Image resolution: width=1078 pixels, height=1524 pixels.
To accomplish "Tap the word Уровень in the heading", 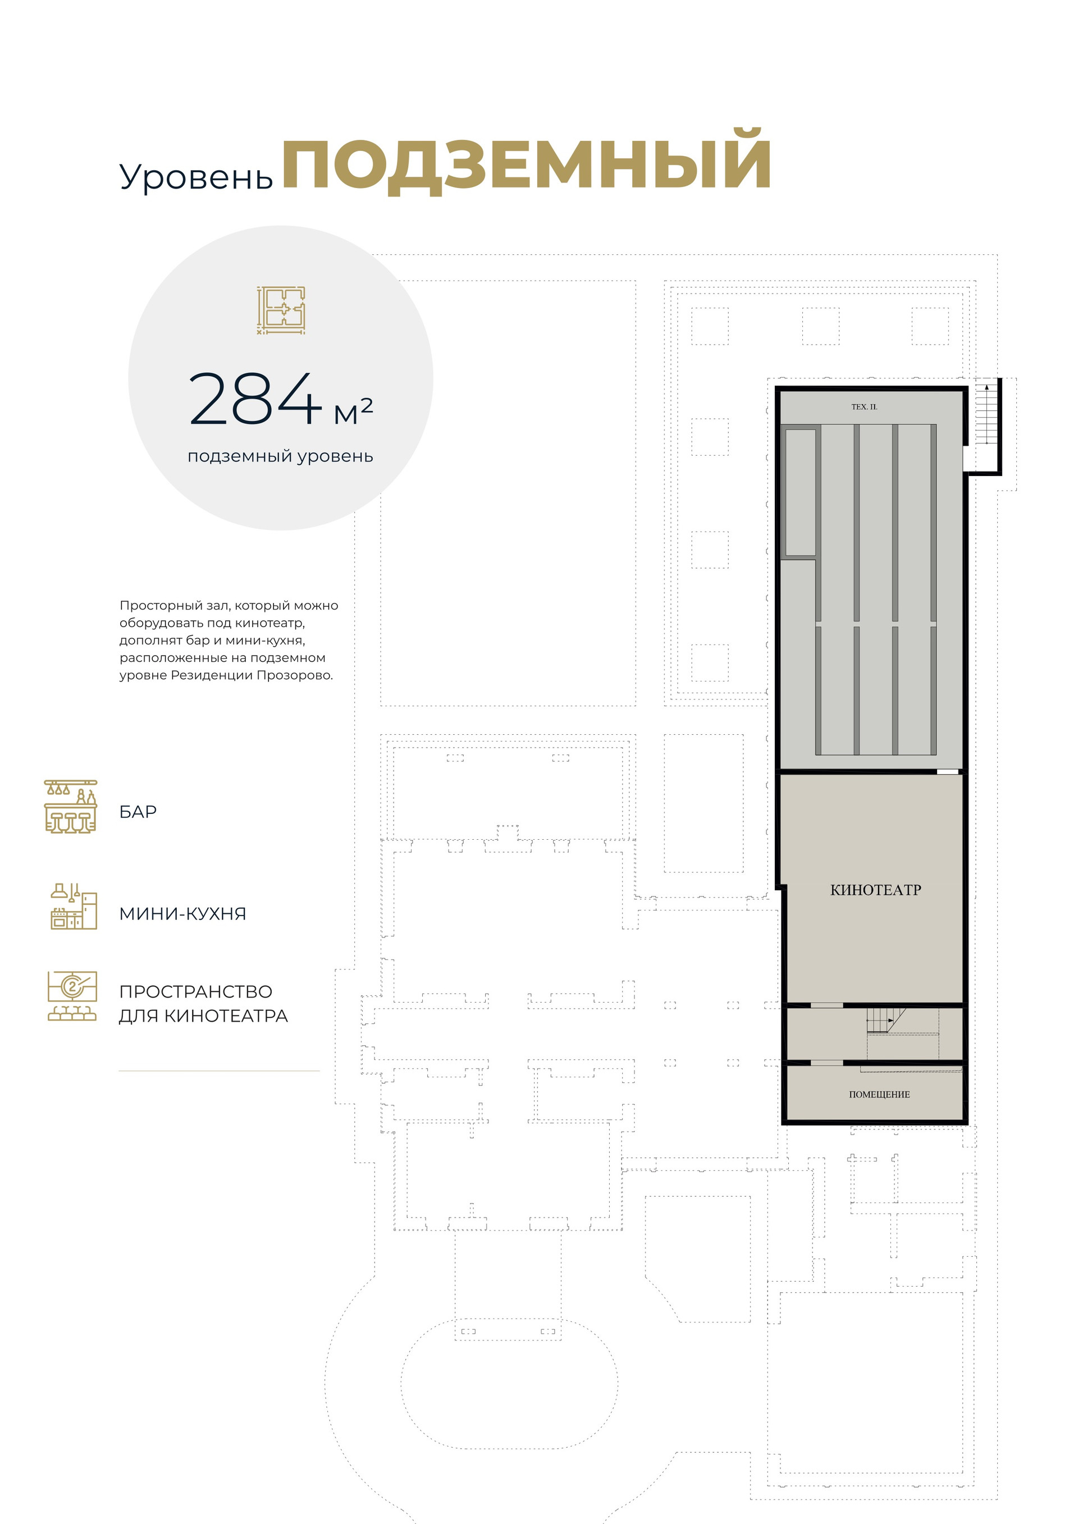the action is (x=196, y=177).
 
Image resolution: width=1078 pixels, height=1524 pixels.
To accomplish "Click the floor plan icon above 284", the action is (x=281, y=310).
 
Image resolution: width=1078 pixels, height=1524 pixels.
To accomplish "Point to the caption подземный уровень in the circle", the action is (x=280, y=457).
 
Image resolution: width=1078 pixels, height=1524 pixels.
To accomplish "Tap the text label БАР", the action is (x=138, y=812).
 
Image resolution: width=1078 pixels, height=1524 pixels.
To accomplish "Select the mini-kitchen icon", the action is (x=74, y=906).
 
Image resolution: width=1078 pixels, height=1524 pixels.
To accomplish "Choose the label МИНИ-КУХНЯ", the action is (x=182, y=914).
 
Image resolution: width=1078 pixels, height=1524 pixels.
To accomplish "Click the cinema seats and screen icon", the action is (x=72, y=996).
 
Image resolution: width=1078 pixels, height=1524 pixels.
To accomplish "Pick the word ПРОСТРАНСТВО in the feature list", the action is (x=196, y=992).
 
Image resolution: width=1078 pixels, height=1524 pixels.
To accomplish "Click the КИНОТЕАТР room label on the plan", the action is (x=875, y=890).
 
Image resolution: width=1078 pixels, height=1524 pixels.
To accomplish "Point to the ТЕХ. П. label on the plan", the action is (x=864, y=407).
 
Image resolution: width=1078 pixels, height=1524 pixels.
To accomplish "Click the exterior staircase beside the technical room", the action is (x=986, y=413).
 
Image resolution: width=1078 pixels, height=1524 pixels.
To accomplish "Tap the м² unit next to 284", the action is (x=353, y=411).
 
